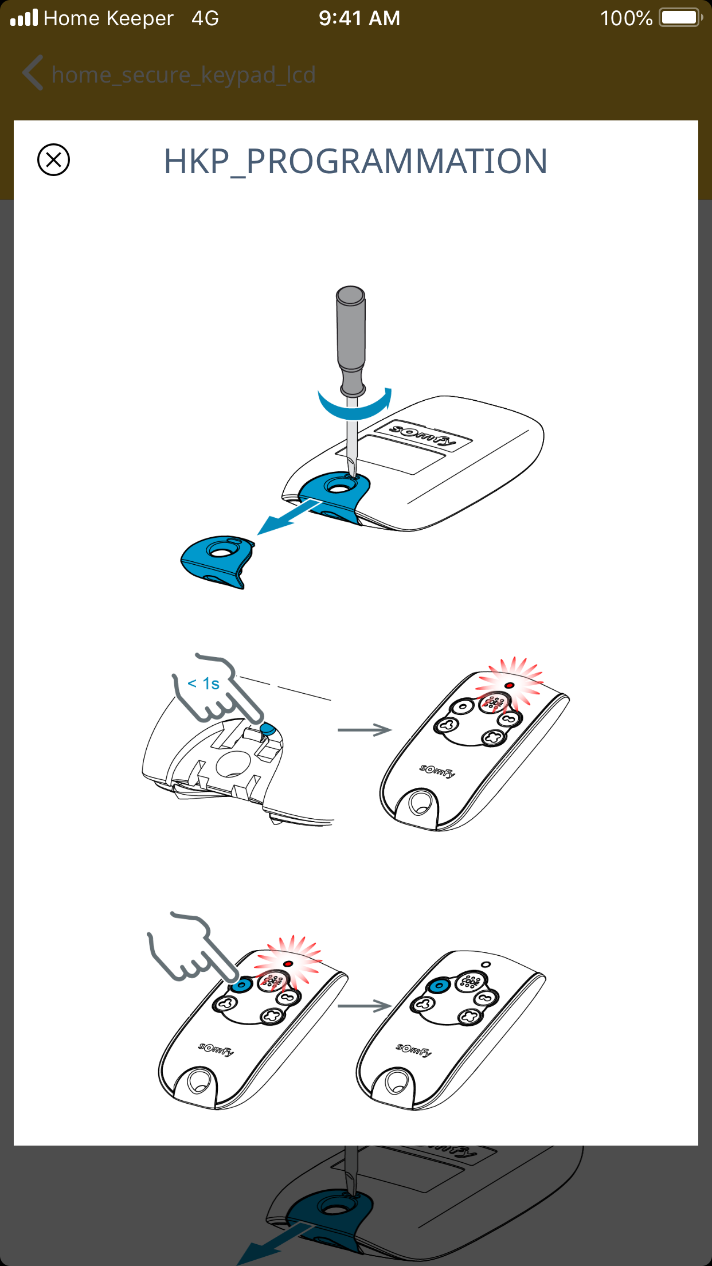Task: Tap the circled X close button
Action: (53, 159)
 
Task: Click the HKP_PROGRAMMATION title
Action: (355, 162)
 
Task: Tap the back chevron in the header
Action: (33, 73)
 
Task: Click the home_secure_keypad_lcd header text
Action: (183, 75)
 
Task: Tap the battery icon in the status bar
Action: (680, 18)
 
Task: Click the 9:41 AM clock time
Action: (359, 18)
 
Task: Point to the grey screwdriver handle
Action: (351, 341)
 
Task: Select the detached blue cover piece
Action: (218, 562)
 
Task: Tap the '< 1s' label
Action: (204, 683)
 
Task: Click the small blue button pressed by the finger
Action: (268, 729)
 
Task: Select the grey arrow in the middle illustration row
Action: (365, 730)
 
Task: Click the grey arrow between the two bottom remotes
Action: (365, 1006)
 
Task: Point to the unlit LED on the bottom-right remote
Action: (486, 964)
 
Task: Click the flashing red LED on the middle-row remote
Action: (509, 685)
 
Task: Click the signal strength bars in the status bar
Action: (24, 18)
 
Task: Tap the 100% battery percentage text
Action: (626, 18)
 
